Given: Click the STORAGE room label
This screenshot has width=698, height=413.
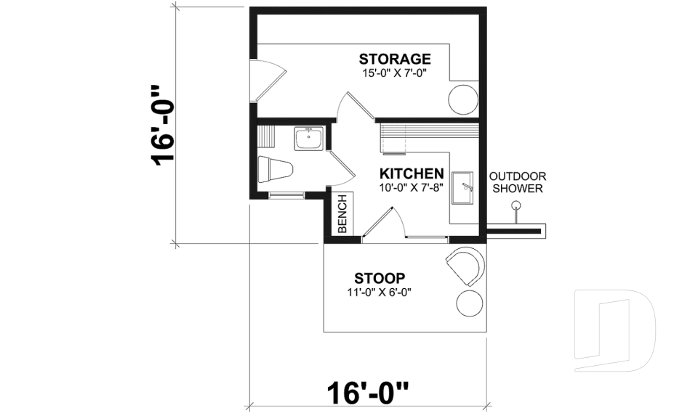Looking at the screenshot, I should tap(395, 59).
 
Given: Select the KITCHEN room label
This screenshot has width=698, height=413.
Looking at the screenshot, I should tap(412, 174).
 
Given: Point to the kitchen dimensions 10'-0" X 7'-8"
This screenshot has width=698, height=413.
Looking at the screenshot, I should tap(411, 188).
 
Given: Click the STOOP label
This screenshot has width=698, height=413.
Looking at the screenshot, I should tap(379, 278).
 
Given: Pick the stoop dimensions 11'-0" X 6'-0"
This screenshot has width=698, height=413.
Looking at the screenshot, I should tap(385, 293).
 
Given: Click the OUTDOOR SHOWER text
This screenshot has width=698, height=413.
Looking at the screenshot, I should tap(517, 182).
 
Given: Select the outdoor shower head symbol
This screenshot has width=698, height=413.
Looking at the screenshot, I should tap(516, 206).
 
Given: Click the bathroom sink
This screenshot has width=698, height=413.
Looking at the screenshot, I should tap(309, 139).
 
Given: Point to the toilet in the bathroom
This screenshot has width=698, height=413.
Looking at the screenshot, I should tap(275, 169).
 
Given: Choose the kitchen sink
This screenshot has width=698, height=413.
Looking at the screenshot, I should tap(462, 188).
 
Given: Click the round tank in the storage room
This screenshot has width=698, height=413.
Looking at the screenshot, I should tap(462, 99).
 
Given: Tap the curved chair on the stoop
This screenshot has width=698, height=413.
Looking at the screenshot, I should tap(465, 265).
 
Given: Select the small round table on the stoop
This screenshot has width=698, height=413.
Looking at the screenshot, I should tap(468, 303).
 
